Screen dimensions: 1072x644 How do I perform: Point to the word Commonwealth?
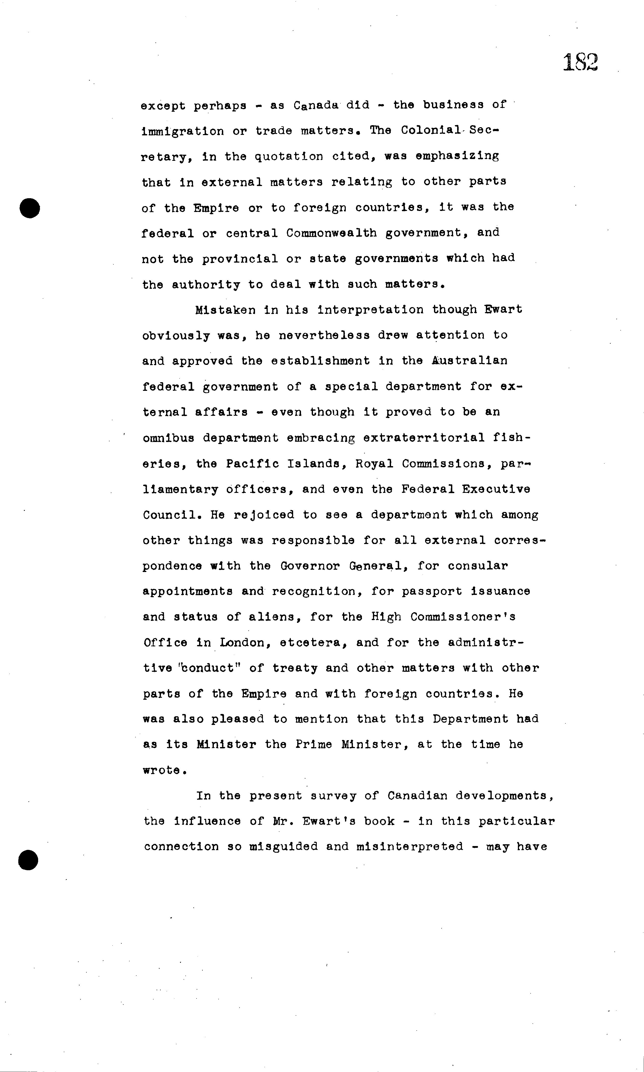tap(332, 233)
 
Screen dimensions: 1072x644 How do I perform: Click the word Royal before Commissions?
tap(374, 464)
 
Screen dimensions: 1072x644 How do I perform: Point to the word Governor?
tap(310, 566)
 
